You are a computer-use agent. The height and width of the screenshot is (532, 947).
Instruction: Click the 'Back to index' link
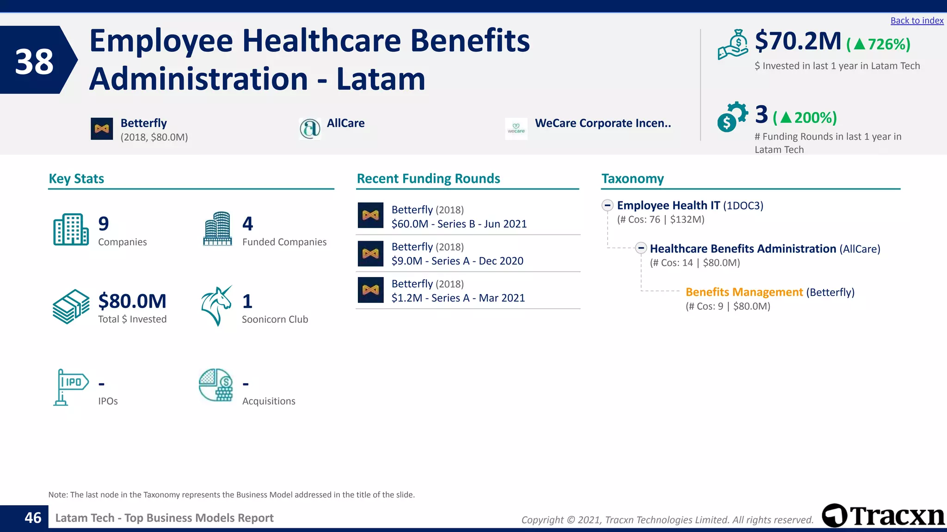[916, 21]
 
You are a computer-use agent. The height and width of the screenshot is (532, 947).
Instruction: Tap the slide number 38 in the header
[34, 61]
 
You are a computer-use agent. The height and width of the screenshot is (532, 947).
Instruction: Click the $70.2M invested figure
[798, 42]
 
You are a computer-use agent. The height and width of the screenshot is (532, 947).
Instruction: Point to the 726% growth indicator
[879, 44]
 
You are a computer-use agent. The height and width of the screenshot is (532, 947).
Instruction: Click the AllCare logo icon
[310, 128]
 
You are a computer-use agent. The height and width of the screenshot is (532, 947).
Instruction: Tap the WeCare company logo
[516, 129]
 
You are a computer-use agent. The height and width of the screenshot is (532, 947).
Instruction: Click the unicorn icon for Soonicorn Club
[216, 306]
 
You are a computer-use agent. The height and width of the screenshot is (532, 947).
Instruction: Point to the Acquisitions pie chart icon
[216, 385]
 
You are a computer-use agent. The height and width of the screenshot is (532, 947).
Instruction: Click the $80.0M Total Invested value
[132, 301]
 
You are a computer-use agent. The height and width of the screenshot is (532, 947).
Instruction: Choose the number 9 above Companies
[104, 224]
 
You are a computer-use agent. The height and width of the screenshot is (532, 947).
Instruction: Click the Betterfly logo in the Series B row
[370, 216]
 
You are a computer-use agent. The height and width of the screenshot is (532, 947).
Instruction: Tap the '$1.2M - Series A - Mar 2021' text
[458, 298]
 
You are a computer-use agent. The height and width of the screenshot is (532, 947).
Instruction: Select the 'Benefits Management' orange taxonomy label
[744, 292]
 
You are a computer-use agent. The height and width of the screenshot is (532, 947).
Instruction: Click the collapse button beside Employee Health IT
[608, 205]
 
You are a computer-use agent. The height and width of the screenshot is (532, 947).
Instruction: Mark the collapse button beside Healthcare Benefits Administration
[640, 248]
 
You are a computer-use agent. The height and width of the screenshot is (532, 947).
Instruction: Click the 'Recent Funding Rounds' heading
[428, 179]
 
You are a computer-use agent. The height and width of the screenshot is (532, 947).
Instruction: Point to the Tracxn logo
[883, 515]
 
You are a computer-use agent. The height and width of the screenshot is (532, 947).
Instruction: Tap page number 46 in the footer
[33, 518]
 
